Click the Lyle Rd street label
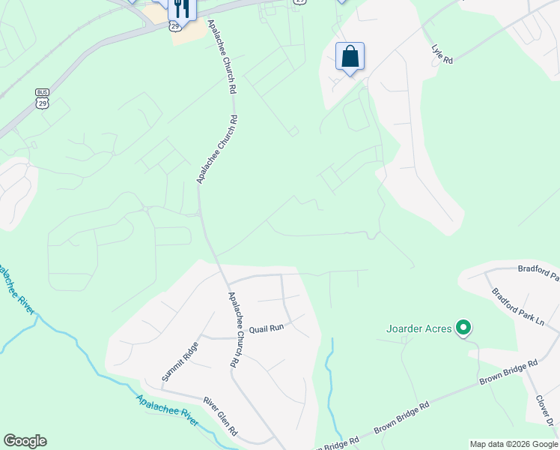click(x=443, y=53)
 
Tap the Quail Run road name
click(x=267, y=328)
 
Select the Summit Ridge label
click(x=180, y=361)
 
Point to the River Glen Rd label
click(x=223, y=421)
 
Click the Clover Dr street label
click(x=550, y=412)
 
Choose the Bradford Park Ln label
click(x=518, y=307)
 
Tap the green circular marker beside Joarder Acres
click(x=464, y=327)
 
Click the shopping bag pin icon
click(x=350, y=56)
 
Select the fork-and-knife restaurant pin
click(x=182, y=7)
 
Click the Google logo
click(x=25, y=441)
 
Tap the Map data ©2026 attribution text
click(x=513, y=444)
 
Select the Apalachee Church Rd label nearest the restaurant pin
click(x=222, y=56)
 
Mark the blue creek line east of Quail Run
click(x=329, y=375)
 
